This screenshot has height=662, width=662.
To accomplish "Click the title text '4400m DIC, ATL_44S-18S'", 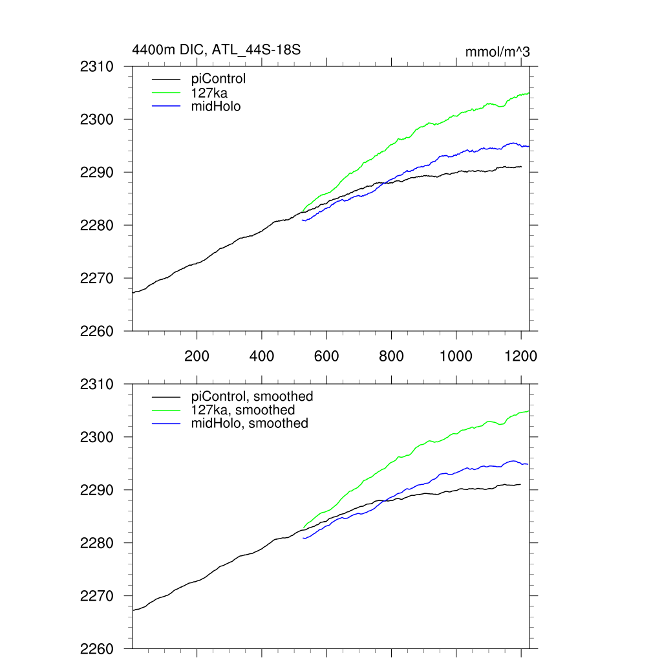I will [217, 49].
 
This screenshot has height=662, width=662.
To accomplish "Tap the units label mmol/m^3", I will [497, 52].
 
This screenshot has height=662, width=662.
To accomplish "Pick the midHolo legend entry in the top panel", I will [216, 107].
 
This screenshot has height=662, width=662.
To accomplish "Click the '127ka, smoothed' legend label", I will [243, 410].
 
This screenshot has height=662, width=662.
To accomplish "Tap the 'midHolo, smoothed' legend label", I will [250, 423].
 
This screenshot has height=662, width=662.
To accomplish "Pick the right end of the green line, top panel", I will [529, 93].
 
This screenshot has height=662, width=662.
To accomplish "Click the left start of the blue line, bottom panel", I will [303, 538].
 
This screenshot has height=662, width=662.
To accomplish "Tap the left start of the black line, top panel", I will [133, 293].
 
